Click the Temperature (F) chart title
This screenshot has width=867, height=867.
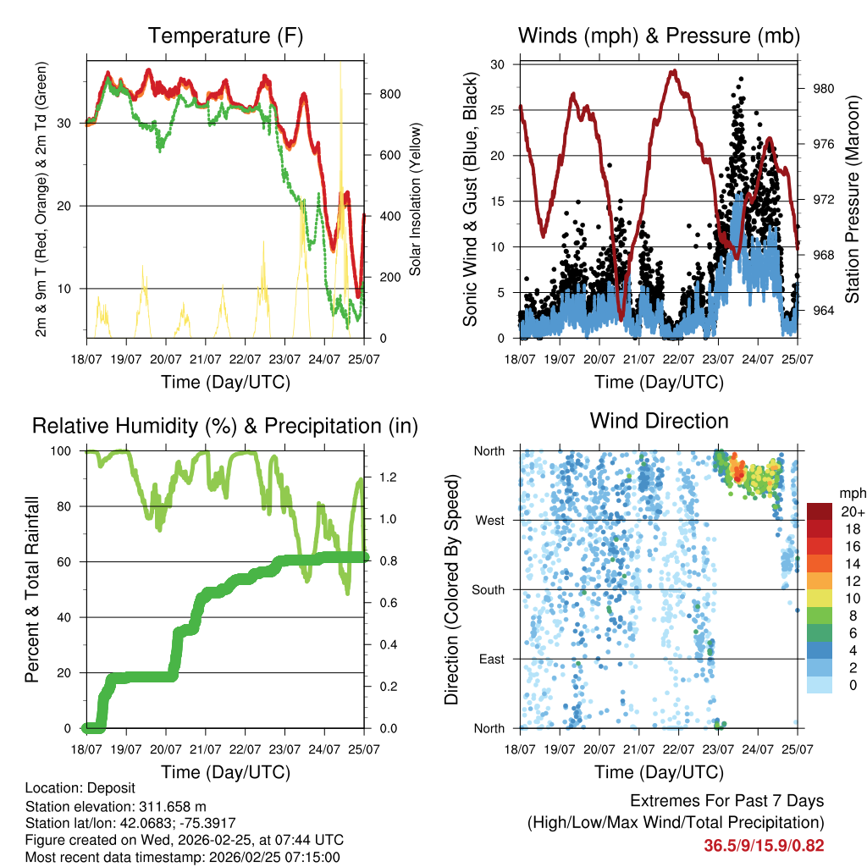(225, 36)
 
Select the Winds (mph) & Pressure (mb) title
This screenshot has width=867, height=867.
(660, 36)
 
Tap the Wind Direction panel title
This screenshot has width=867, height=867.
(660, 421)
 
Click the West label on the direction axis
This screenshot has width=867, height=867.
(489, 521)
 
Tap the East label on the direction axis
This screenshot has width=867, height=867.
(491, 660)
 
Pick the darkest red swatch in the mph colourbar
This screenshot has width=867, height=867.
(820, 512)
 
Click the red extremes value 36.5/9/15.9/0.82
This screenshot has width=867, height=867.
(764, 845)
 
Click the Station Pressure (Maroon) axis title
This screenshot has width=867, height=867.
(853, 199)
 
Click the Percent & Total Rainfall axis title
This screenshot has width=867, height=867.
(32, 589)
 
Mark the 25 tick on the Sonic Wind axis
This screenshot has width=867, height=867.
(499, 110)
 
